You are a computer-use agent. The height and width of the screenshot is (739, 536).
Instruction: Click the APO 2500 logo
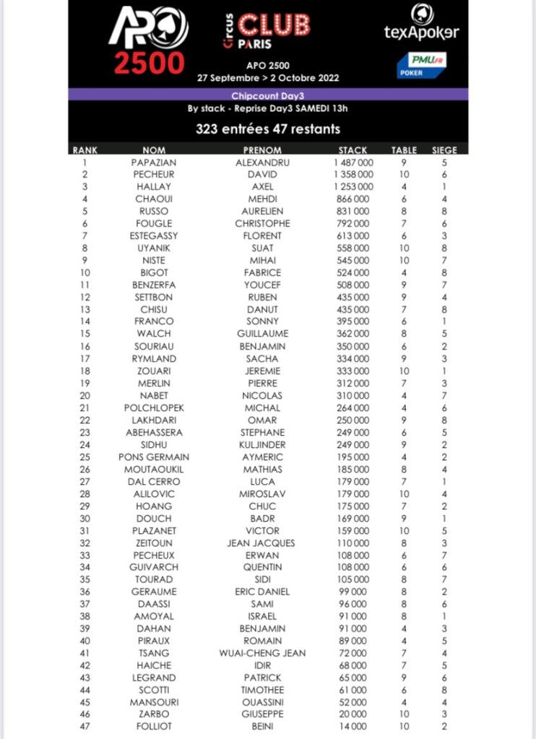click(148, 40)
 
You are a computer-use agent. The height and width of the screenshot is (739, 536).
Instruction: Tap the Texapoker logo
click(421, 25)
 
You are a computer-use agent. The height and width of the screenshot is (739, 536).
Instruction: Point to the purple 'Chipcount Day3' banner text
click(268, 95)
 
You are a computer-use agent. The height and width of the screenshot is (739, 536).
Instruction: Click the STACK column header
click(353, 150)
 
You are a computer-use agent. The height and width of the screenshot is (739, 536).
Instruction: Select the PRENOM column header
click(262, 150)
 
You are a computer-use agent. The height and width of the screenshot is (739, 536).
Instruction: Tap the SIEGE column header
click(444, 150)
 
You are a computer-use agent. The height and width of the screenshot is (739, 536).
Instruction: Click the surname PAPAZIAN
click(154, 163)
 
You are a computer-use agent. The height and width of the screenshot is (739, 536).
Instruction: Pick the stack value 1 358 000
click(353, 175)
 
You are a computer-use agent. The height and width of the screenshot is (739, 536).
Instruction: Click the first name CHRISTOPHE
click(262, 224)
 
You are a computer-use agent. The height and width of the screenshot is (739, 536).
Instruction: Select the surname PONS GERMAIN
click(154, 457)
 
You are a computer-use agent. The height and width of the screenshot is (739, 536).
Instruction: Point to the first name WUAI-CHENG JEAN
click(262, 653)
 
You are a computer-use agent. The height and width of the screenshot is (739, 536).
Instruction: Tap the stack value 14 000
click(353, 727)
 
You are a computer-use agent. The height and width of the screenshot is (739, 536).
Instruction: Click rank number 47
click(85, 727)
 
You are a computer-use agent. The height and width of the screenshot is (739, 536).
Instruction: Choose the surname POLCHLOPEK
click(154, 408)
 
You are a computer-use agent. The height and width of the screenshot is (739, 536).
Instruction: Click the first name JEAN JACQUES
click(262, 543)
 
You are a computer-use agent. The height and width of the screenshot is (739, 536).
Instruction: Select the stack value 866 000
click(353, 199)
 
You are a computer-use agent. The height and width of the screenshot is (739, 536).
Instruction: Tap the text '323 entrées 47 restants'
click(268, 130)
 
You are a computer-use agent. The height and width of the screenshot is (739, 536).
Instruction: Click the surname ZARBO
click(154, 714)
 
